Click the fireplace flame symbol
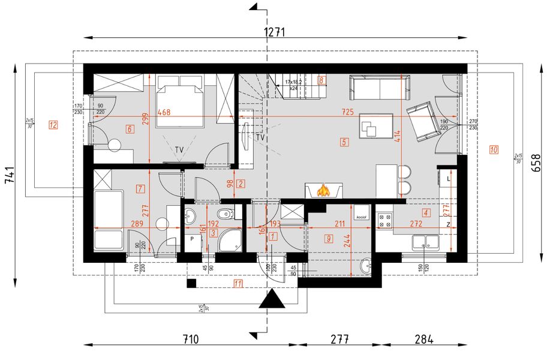[x=323, y=191]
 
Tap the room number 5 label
[x=344, y=143]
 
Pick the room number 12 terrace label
[x=53, y=125]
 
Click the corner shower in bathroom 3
[x=230, y=240]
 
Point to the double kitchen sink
[x=427, y=242]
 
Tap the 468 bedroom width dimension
[x=164, y=112]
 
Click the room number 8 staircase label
[x=321, y=79]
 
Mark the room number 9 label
[x=329, y=239]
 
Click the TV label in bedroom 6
[x=179, y=149]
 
